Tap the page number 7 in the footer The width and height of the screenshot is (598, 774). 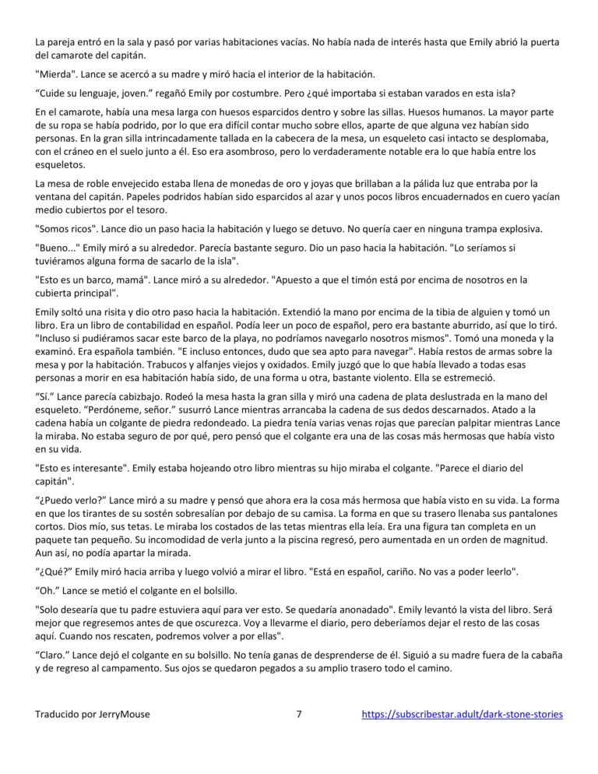click(300, 714)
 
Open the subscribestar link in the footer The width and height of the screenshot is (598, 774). click(463, 714)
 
